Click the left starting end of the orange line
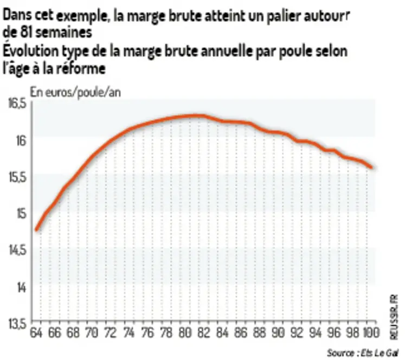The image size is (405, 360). tap(36, 229)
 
